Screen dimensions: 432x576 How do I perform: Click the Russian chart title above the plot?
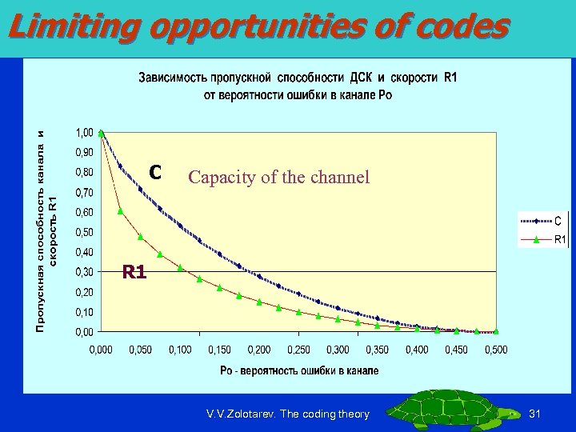tap(298, 86)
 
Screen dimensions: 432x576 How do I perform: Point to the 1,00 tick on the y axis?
tap(83, 132)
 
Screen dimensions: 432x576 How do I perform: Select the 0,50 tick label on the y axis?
tap(83, 232)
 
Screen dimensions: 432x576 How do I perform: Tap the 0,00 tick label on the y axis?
tap(83, 331)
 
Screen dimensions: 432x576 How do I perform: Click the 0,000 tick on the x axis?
tap(101, 350)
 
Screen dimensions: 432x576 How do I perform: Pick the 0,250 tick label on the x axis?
tap(299, 350)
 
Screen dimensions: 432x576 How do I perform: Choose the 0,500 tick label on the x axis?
tap(495, 350)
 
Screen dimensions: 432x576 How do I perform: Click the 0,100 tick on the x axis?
tap(179, 350)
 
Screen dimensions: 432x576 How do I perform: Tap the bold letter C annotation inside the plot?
tap(156, 172)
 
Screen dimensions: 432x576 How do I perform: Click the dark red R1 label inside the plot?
tap(134, 273)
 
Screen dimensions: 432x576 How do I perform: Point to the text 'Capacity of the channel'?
tap(278, 177)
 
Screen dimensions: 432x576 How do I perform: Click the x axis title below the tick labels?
tap(299, 370)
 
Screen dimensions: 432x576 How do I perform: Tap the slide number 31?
tap(536, 414)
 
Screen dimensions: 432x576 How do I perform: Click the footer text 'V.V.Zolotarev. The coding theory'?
tap(287, 414)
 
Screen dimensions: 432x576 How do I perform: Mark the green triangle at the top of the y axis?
tap(101, 133)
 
